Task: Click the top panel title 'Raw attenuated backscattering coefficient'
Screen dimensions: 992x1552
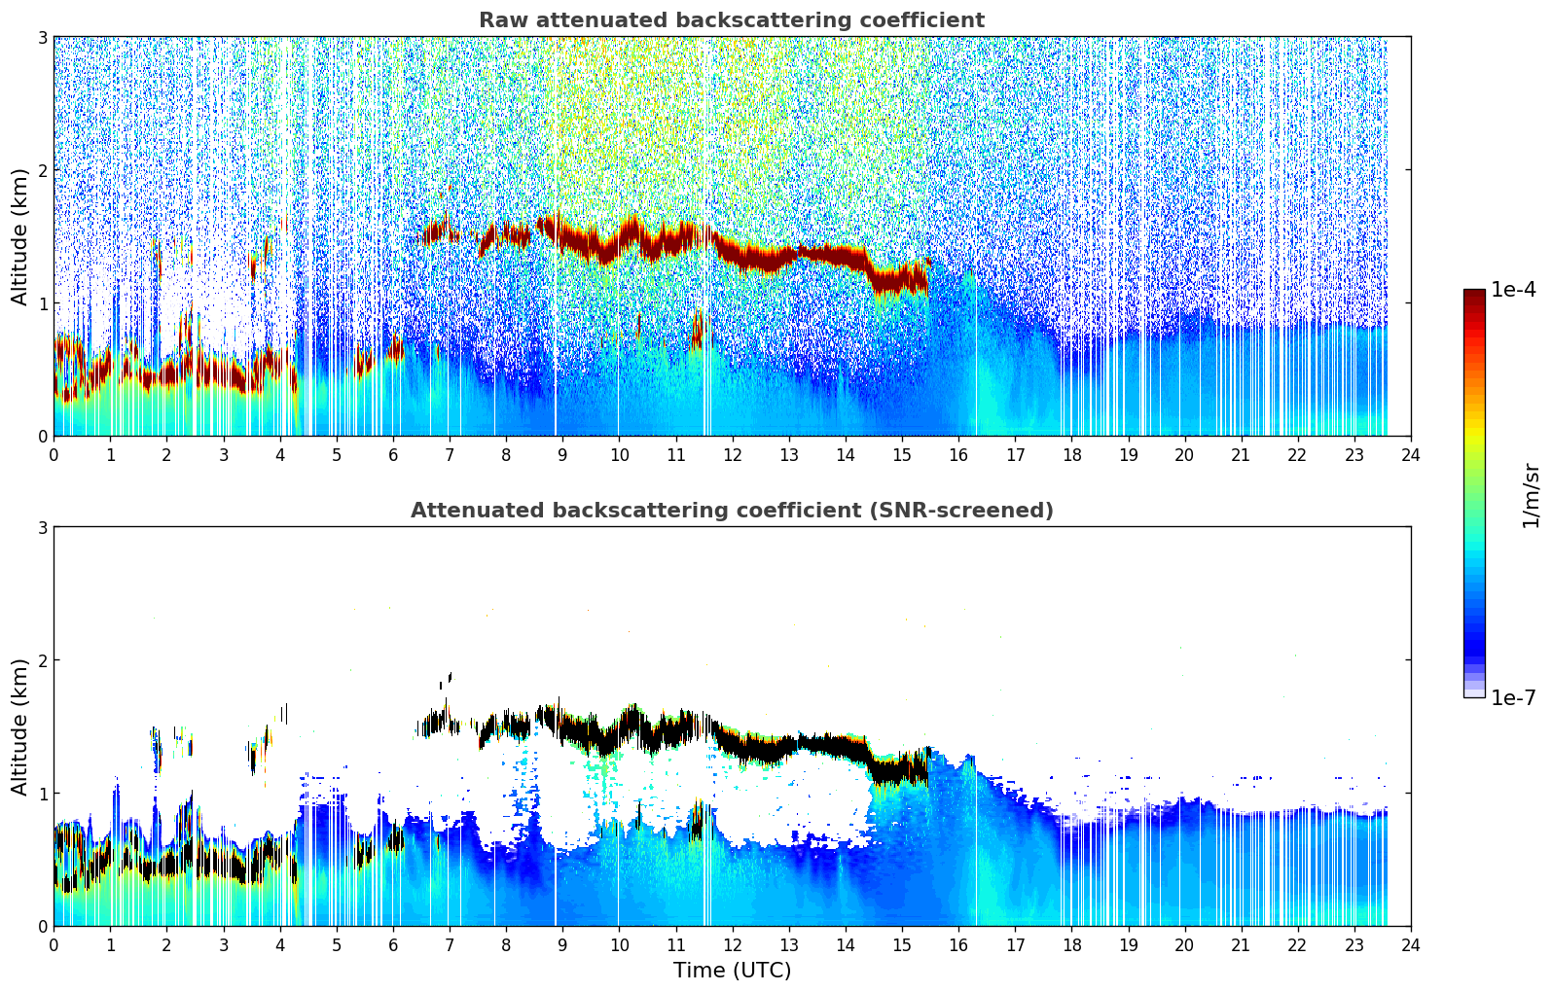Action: coord(731,20)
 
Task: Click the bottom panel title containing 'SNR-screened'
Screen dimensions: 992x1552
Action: coord(731,511)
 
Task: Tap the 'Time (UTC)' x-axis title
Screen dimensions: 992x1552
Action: coord(732,970)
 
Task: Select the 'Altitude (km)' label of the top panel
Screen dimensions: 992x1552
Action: coord(19,236)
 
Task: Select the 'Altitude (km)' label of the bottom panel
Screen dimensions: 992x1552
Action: coord(19,726)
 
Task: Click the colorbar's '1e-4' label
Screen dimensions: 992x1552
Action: coord(1513,290)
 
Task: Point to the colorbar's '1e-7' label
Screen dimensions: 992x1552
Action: coord(1513,697)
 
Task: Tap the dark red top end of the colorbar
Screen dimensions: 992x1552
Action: coord(1474,295)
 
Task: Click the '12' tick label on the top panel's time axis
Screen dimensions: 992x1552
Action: coord(732,454)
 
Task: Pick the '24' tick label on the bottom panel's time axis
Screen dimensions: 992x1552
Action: coord(1410,944)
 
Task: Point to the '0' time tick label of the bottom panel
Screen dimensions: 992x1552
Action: coord(54,944)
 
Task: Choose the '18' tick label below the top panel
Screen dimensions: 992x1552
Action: coord(1071,454)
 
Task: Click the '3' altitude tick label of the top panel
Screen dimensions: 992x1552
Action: coord(42,37)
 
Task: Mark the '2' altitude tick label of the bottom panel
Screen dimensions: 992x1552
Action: coord(42,660)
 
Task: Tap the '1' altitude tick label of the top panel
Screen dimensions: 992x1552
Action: coord(42,303)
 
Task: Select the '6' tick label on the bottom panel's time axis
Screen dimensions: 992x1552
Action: coord(393,944)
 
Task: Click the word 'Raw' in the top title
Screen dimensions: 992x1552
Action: coord(499,20)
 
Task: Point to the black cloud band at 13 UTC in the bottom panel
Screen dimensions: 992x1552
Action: coord(788,747)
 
